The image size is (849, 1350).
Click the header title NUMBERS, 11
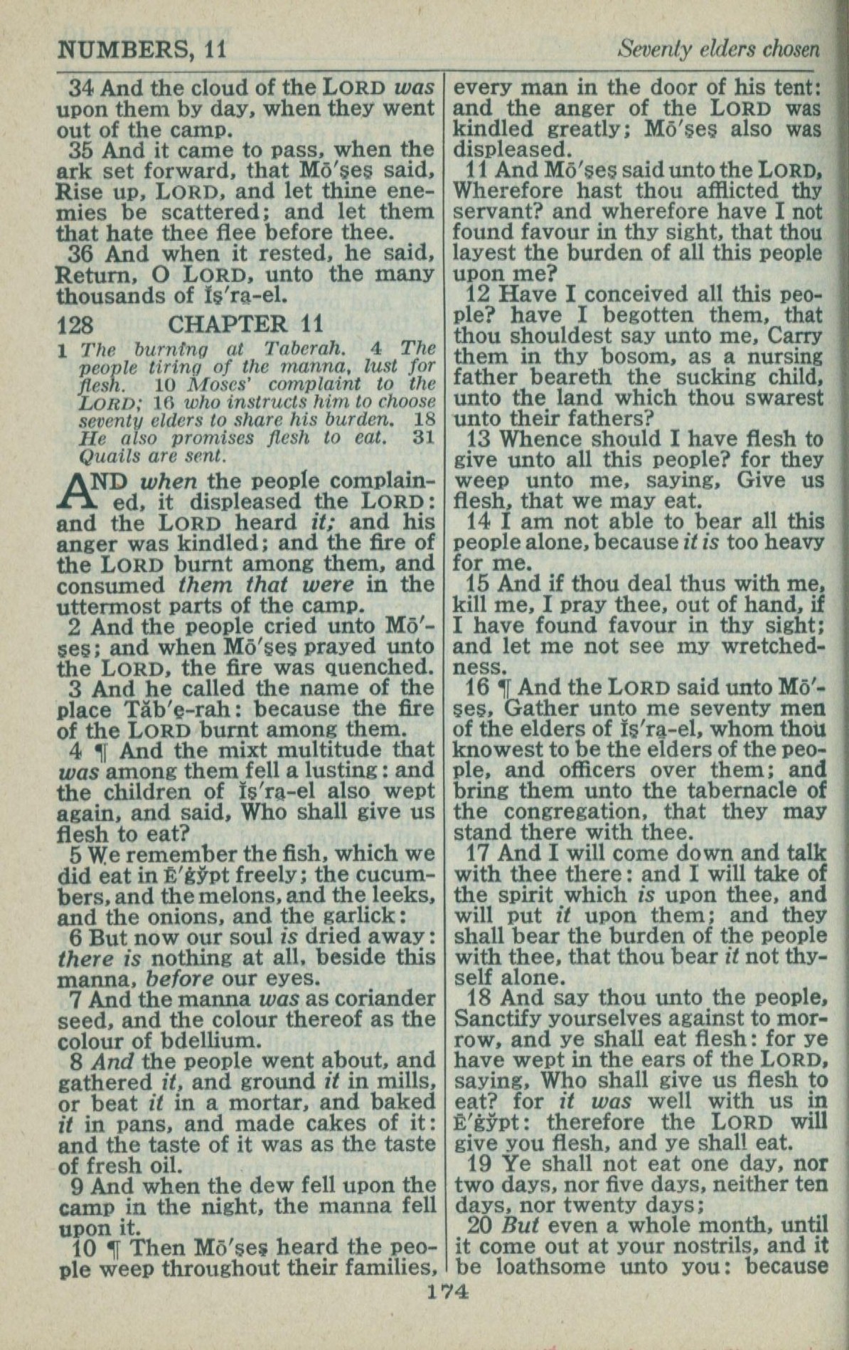click(141, 49)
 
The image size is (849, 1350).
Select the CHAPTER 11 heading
click(245, 324)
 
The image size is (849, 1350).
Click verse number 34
click(82, 88)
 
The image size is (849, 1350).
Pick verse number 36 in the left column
click(83, 254)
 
